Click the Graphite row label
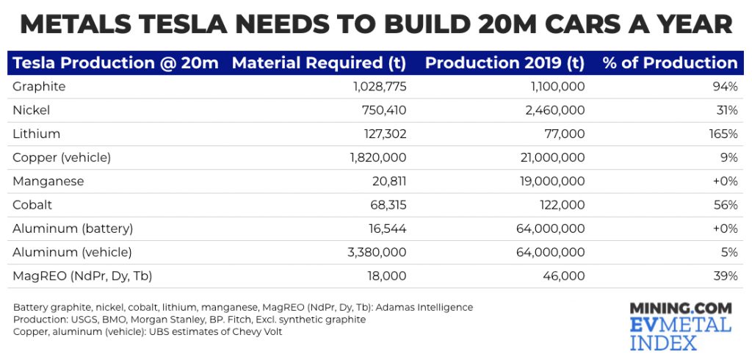coord(39,87)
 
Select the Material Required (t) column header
coord(319,63)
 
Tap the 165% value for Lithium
coord(723,134)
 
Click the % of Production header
coord(670,63)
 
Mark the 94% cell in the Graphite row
coord(726,87)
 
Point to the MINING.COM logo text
coord(681,309)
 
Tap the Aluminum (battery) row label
coord(73,228)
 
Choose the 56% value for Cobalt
coord(726,205)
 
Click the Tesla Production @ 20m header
coord(115,63)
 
